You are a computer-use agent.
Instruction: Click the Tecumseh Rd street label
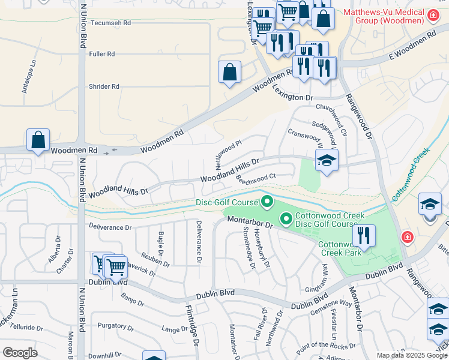110,23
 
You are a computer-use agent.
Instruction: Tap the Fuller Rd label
101,54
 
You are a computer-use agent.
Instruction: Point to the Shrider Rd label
103,86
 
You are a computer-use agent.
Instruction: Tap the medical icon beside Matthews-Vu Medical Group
432,14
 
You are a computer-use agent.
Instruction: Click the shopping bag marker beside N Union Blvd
38,140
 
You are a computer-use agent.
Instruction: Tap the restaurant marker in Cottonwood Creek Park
364,235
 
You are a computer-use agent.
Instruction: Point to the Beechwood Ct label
255,178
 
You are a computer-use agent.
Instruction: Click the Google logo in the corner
20,353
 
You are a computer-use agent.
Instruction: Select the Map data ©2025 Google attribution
412,355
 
